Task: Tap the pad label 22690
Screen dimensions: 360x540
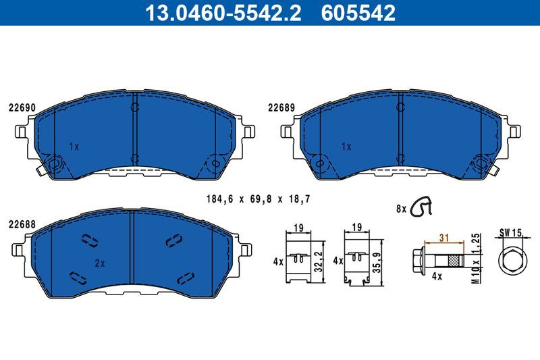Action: pos(22,107)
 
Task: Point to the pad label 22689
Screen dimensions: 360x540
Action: pos(281,107)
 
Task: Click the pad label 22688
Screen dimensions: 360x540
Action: pos(22,224)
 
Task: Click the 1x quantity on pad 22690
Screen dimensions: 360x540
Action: pos(74,146)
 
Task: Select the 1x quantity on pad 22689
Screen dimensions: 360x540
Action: pos(346,146)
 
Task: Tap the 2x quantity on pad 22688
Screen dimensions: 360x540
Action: pos(99,263)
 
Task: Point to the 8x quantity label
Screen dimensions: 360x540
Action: pos(401,209)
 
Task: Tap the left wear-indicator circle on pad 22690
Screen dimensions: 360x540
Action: pos(55,162)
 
